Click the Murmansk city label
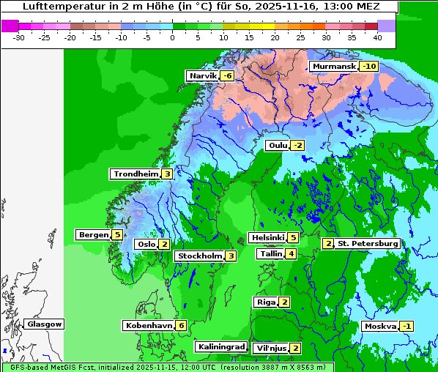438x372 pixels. (x=334, y=67)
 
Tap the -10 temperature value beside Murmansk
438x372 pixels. (x=368, y=67)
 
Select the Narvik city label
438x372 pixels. (x=203, y=76)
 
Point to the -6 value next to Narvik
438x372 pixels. (x=227, y=76)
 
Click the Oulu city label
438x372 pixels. (x=278, y=146)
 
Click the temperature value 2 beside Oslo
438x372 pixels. (x=164, y=245)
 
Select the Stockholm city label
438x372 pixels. (x=198, y=256)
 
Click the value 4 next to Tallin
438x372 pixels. (x=291, y=254)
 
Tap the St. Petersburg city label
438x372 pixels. (x=367, y=244)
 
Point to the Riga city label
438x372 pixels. (x=265, y=302)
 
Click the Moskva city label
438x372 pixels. (x=380, y=327)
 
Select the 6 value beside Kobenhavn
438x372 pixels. (x=181, y=326)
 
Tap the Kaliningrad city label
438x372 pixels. (x=220, y=347)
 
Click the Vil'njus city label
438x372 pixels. (x=271, y=349)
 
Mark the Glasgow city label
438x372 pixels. (x=45, y=324)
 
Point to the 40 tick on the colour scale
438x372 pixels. (x=377, y=37)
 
